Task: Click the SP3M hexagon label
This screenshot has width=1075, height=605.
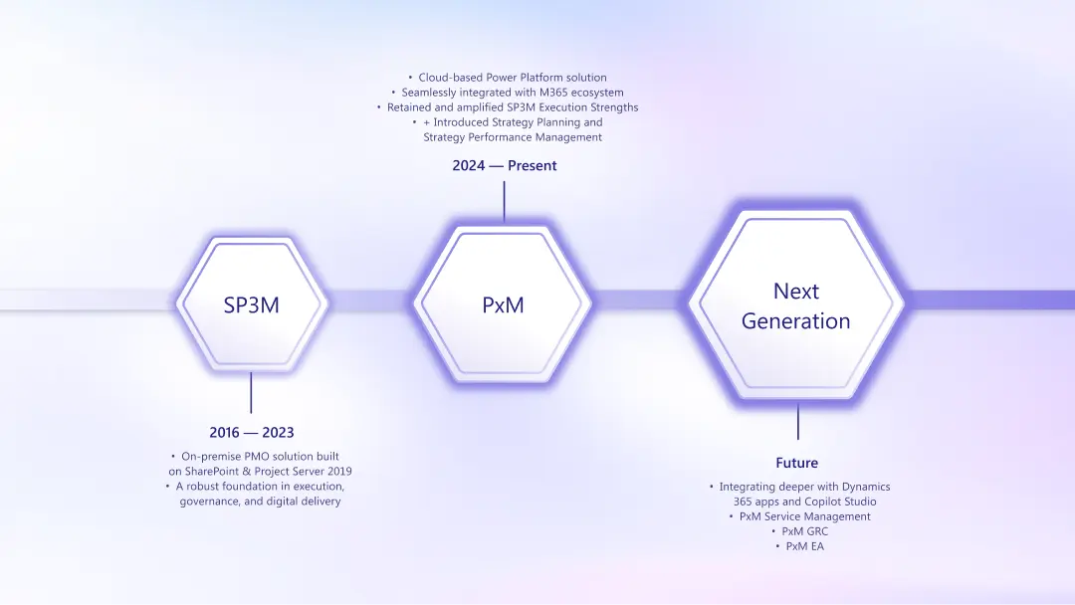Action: (251, 305)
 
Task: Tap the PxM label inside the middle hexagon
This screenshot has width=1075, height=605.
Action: (503, 305)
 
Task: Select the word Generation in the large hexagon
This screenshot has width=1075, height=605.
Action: (795, 321)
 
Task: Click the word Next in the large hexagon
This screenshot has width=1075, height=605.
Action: (795, 291)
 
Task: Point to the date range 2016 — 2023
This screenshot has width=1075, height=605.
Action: (251, 433)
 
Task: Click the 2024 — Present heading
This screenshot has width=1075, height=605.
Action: (504, 166)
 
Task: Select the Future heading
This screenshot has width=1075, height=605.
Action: (796, 463)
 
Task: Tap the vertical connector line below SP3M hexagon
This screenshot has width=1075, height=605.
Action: (251, 392)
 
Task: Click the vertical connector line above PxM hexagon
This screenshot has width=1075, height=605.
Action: (504, 202)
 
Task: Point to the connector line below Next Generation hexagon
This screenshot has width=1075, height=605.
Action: (797, 422)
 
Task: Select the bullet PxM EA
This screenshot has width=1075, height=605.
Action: (804, 546)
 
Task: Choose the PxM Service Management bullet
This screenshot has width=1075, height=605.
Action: (804, 516)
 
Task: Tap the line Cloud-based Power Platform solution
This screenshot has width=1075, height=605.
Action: (512, 78)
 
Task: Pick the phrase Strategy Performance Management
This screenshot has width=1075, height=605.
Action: (513, 137)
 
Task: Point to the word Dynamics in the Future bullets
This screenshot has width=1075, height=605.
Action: (865, 487)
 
